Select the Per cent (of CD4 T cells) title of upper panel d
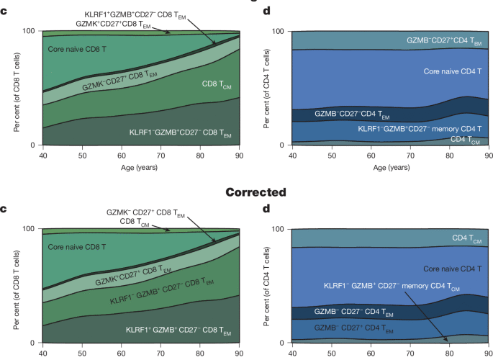(266, 89)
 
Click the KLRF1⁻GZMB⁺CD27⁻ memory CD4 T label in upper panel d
(420, 128)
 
